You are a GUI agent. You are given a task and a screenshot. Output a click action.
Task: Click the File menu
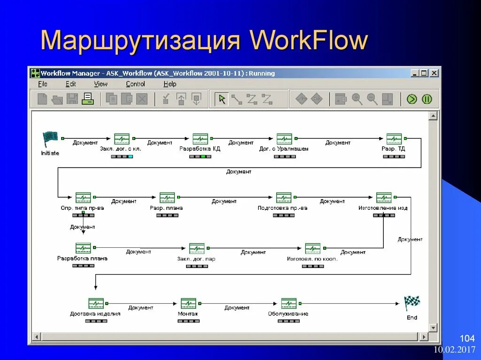point(43,84)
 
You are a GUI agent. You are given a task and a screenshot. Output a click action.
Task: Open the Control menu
point(135,84)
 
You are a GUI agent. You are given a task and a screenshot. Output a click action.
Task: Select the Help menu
point(170,84)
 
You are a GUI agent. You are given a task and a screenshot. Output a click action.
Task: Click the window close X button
point(434,73)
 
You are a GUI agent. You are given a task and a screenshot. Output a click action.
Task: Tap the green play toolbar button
point(412,99)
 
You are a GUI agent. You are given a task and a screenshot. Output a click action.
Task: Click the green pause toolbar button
point(427,99)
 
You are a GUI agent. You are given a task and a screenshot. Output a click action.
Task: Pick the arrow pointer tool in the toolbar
point(222,99)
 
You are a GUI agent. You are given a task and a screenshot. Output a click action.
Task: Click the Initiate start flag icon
point(50,138)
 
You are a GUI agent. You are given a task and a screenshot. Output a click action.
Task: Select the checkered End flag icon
point(412,303)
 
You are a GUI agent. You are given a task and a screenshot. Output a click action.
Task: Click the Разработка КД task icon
point(200,139)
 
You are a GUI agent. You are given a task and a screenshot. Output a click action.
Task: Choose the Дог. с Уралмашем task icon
point(284,139)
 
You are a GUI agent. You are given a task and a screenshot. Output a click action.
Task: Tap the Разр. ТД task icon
point(394,139)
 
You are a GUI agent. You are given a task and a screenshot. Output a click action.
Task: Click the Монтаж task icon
point(188,303)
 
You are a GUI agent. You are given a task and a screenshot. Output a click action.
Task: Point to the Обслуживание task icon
point(288,303)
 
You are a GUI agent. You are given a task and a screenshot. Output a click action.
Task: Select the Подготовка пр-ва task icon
point(284,198)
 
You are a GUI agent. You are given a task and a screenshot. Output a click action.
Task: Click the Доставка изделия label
point(95,314)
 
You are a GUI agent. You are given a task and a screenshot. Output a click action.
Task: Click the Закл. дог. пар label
point(196,259)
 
